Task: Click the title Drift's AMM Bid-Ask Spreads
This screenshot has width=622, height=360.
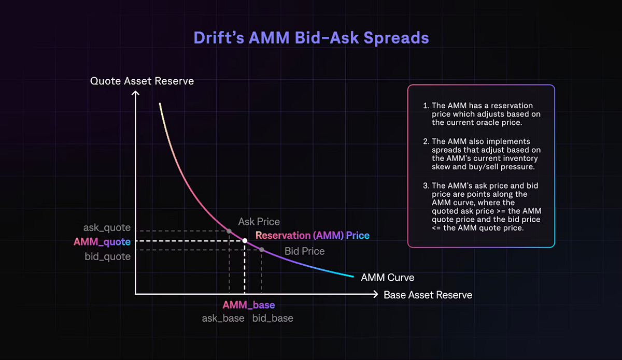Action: [311, 38]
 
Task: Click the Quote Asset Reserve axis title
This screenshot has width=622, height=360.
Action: [142, 81]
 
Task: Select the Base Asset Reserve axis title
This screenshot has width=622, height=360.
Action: [428, 295]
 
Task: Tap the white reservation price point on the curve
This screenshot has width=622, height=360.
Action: [245, 241]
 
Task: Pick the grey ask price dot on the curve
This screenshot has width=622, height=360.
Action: [229, 231]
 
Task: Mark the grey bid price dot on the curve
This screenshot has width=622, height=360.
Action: [262, 250]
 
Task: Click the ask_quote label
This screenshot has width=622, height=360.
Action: [107, 228]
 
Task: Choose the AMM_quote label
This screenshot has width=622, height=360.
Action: [102, 241]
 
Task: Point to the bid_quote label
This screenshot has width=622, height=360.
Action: [107, 256]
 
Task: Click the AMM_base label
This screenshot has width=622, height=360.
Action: [248, 305]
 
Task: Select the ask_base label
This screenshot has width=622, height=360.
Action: [223, 318]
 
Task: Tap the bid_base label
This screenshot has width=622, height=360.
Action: [273, 318]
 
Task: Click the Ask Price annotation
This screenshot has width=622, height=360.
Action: [259, 222]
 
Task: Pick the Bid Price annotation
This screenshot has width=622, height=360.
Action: [304, 251]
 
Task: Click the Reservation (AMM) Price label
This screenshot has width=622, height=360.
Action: [313, 235]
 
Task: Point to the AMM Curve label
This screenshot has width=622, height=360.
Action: [387, 278]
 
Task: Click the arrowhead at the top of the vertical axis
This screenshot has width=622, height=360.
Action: [135, 93]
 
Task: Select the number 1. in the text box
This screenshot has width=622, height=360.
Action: [426, 106]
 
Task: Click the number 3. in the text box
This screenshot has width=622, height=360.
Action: [426, 186]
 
